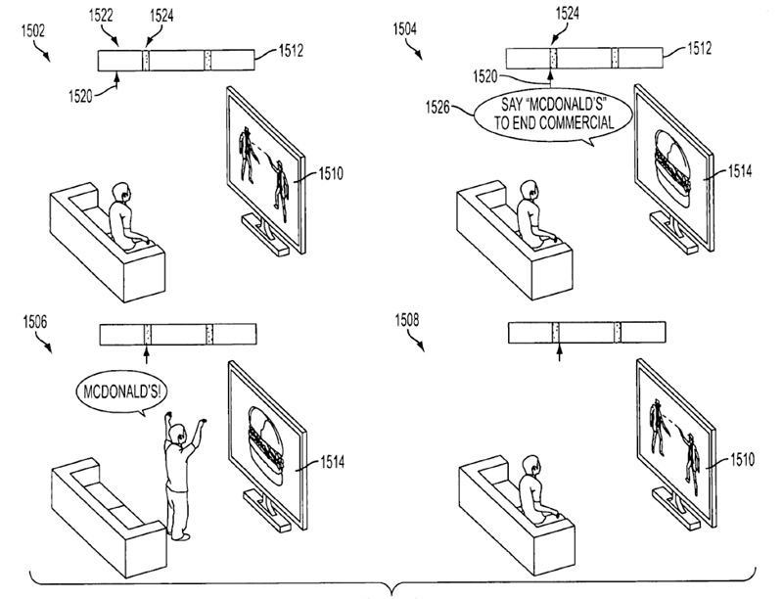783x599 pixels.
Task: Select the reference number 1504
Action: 404,30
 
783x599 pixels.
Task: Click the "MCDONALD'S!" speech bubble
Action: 118,392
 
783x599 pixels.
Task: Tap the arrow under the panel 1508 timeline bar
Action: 556,352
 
